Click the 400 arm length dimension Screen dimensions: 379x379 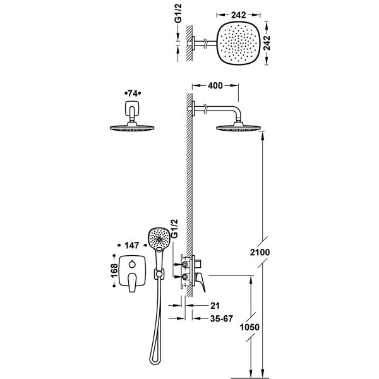(x=215, y=85)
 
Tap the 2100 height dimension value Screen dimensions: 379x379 (x=260, y=252)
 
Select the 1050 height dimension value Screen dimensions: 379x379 (x=250, y=327)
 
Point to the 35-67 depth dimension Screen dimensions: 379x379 (x=222, y=318)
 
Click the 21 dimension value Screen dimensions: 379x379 (x=215, y=306)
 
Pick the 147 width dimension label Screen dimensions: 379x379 (x=132, y=246)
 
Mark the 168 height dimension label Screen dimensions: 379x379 (x=114, y=271)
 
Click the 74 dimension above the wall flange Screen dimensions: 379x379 (x=133, y=93)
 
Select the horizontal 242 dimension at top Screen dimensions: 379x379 (x=238, y=15)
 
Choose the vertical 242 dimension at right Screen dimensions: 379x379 (x=267, y=43)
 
